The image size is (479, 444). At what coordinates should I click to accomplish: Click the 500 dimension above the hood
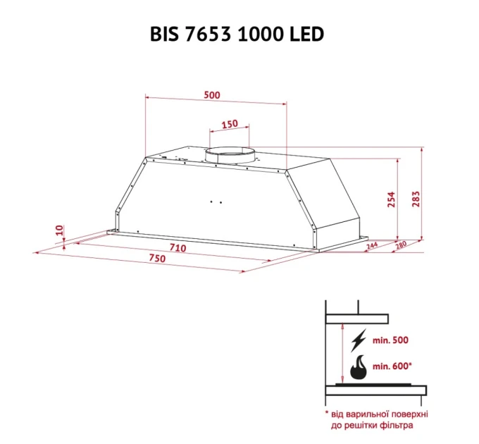point(212,95)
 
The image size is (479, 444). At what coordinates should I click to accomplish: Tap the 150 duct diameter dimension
point(230,124)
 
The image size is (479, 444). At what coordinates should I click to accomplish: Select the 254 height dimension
point(392,199)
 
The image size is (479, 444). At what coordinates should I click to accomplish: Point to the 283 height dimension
point(416,199)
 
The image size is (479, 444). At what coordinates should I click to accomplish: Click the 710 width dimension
point(178,247)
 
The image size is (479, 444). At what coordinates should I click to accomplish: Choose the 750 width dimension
point(157,258)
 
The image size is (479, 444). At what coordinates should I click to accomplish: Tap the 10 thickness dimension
point(59,230)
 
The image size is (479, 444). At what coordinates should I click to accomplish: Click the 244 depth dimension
point(372,245)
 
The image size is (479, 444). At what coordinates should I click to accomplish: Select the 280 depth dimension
point(401,245)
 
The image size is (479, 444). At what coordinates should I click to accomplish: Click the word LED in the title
point(306,34)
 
